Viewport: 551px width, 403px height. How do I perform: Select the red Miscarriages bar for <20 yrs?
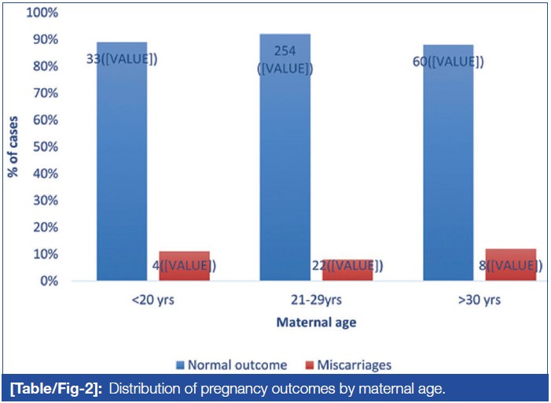[x=184, y=266]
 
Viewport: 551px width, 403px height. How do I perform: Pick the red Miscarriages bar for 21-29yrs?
[x=347, y=269]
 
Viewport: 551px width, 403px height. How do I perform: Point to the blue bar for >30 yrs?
[x=448, y=173]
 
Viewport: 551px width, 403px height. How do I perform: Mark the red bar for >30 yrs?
[x=510, y=265]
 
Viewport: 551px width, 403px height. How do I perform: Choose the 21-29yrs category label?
[x=316, y=300]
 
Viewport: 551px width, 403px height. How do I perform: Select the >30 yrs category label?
[x=479, y=300]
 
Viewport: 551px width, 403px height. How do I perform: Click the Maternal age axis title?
[x=314, y=323]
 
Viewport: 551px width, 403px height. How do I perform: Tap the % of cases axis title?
[x=13, y=147]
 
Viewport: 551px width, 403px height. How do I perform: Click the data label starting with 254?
[x=285, y=60]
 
